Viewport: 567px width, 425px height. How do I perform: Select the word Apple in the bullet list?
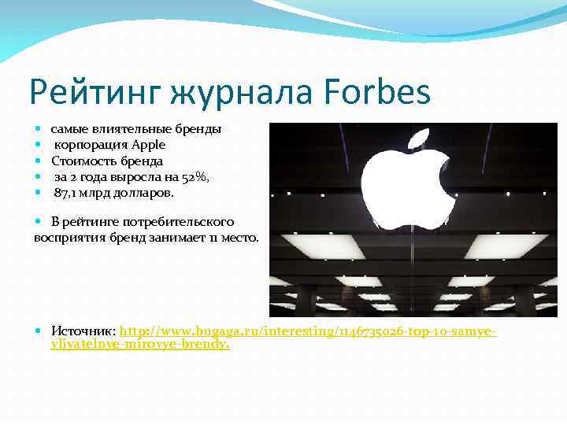click(148, 145)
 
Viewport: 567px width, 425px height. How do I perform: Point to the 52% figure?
click(195, 176)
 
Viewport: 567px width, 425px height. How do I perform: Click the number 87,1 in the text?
click(67, 192)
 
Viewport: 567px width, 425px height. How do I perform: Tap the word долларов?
click(146, 192)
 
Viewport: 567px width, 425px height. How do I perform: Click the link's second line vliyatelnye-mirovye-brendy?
click(139, 344)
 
